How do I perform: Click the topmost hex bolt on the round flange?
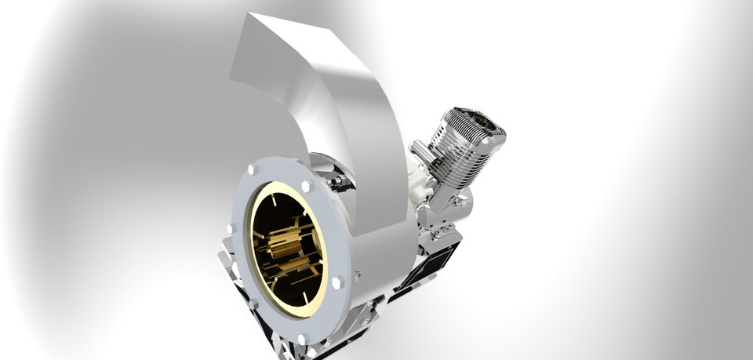pos(252,169)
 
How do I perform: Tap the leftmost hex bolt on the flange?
pos(232,228)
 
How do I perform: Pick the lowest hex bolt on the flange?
pos(304,339)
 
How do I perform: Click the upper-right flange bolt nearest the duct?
pos(306,187)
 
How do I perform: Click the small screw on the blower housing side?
pos(358,275)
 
